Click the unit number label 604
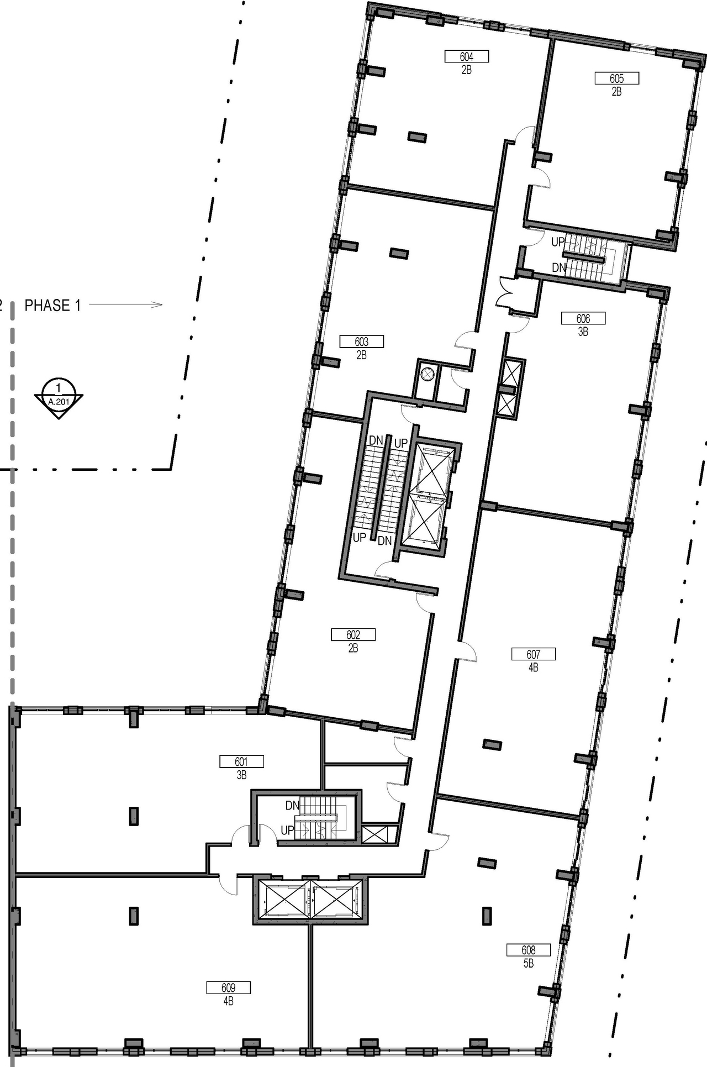point(466,56)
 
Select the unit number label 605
point(616,78)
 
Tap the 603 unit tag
point(361,341)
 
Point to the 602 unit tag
point(353,634)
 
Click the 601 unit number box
point(241,761)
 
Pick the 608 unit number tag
point(529,950)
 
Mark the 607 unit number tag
point(533,654)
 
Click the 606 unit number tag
point(583,318)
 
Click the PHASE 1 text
point(53,306)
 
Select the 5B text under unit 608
point(529,963)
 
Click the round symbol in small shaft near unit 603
point(426,375)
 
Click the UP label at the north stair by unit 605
point(558,242)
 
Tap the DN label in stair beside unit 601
point(292,806)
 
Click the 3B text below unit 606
point(583,332)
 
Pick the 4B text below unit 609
point(228,1001)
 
